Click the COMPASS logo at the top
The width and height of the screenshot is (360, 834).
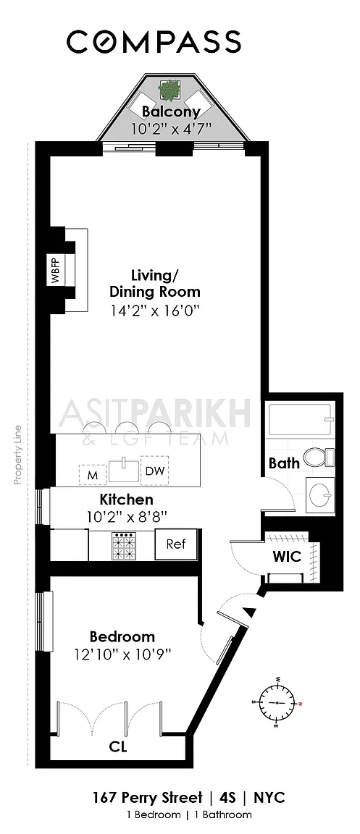tap(154, 41)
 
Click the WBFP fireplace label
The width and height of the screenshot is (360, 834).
tap(55, 271)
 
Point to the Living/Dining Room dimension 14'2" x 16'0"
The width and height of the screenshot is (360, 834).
tap(155, 310)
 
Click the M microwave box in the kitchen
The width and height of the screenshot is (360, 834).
tap(93, 475)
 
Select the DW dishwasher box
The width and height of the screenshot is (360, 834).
tap(154, 470)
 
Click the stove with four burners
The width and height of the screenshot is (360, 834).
tap(124, 545)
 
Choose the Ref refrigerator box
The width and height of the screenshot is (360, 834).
tap(176, 544)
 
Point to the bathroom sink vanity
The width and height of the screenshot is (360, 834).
tap(321, 494)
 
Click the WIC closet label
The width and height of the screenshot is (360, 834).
tap(287, 557)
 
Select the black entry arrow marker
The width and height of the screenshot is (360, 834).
tap(249, 612)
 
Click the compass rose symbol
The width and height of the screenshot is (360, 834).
tap(277, 702)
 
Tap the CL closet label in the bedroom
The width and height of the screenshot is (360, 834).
tap(118, 747)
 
